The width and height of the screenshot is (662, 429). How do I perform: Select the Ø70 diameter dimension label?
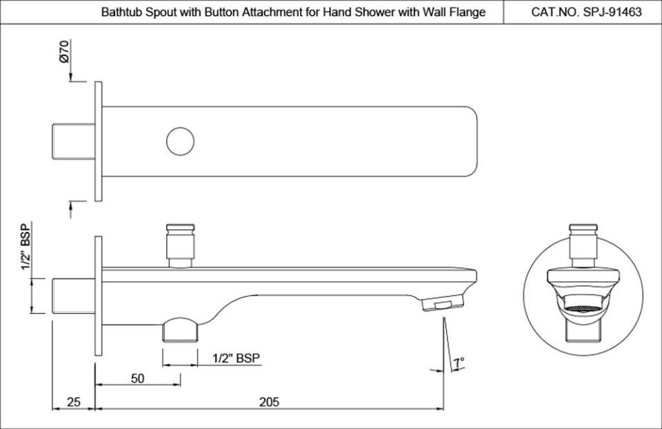63,52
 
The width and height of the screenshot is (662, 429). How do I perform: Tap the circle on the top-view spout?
180,141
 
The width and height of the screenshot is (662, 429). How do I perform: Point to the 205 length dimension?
270,401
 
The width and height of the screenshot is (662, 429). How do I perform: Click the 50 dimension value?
138,378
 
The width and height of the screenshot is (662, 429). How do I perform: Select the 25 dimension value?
74,401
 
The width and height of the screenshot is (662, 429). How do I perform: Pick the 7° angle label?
459,361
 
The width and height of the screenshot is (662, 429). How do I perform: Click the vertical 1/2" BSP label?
26,247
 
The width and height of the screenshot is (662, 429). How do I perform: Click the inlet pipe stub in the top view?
74,141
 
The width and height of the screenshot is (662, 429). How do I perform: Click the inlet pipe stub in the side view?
74,296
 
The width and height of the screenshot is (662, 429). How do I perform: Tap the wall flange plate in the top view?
98,141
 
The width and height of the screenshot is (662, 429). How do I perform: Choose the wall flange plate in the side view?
98,296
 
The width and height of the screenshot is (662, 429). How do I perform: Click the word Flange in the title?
468,12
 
